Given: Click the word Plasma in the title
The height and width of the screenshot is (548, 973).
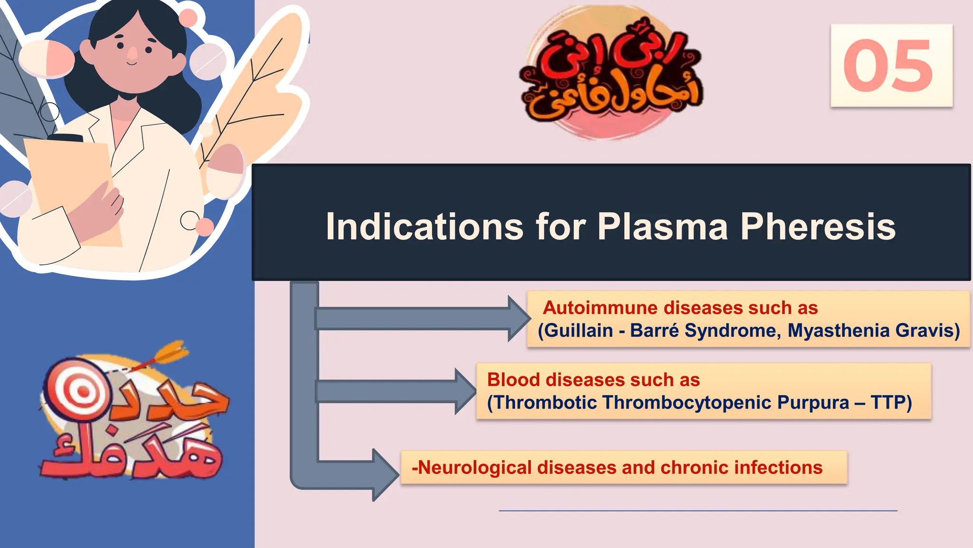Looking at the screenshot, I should tap(662, 226).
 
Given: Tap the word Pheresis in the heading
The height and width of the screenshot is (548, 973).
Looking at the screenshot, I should tap(818, 226).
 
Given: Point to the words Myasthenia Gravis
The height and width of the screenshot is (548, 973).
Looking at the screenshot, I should tap(873, 330).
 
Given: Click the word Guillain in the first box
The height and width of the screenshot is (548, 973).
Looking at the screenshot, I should tap(578, 330).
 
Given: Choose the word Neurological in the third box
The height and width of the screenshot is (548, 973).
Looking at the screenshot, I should tap(475, 467).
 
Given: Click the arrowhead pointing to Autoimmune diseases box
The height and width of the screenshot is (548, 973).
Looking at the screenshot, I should tap(518, 318).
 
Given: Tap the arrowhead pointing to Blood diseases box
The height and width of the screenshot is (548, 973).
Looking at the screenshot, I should tap(465, 391).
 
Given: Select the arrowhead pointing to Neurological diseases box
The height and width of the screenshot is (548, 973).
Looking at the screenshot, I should tap(385, 474).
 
